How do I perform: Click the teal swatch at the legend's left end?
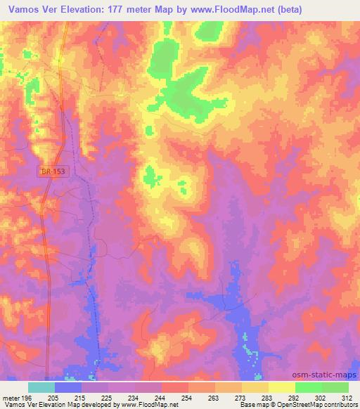[x=41, y=387]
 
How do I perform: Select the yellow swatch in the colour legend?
[x=281, y=387]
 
